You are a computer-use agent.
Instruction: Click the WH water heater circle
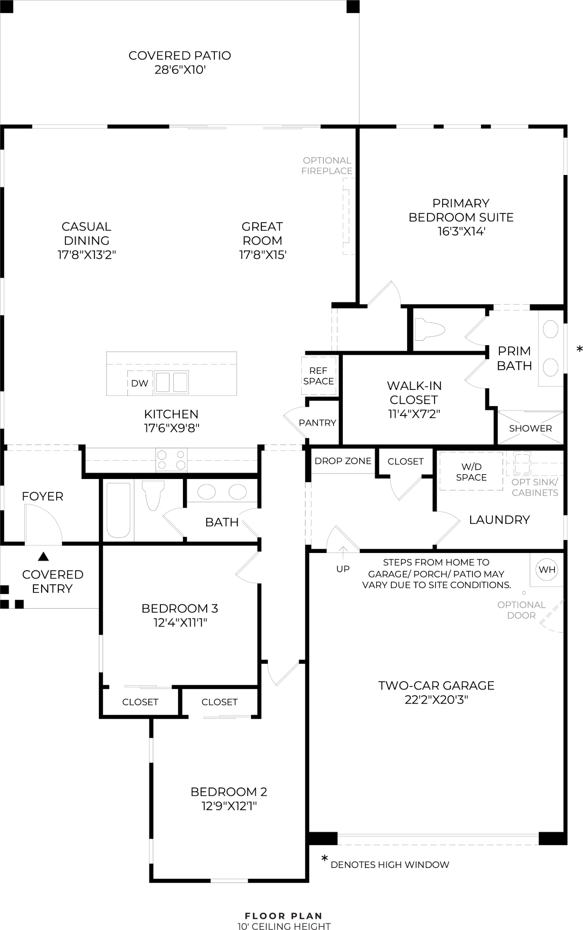point(546,569)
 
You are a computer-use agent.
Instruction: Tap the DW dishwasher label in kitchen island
point(139,383)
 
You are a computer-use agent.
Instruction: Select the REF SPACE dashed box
point(318,375)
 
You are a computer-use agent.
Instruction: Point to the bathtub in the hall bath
point(118,510)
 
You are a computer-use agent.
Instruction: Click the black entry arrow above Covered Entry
point(43,556)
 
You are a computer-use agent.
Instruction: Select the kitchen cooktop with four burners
point(171,460)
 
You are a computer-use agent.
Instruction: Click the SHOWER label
point(530,428)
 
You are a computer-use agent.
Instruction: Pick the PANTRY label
point(317,423)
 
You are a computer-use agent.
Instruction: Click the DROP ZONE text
point(343,461)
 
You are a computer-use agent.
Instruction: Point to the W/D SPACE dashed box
point(471,471)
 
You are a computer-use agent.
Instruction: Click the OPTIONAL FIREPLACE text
point(327,165)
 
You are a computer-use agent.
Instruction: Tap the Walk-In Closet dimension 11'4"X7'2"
point(414,414)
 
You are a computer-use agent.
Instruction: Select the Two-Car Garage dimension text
point(436,699)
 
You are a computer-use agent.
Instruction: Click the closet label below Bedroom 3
point(140,702)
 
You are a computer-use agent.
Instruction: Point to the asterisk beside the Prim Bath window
point(580,350)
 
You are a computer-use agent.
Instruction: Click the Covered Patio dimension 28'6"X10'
point(180,69)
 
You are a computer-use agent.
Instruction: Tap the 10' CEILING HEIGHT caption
point(284,926)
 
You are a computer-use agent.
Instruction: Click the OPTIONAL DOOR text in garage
point(521,610)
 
